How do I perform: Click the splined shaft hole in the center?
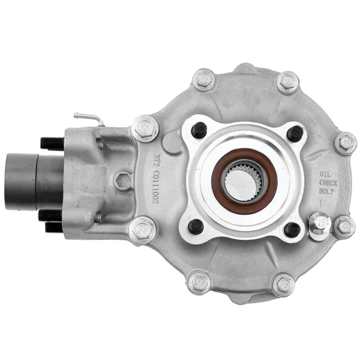[x=242, y=181]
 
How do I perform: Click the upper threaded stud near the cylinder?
[x=52, y=143]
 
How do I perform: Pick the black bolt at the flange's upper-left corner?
[x=199, y=130]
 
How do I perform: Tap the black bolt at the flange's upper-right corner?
[x=293, y=133]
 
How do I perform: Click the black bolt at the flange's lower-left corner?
[x=196, y=226]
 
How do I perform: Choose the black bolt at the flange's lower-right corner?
[x=292, y=229]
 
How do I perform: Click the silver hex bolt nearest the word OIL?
[x=346, y=142]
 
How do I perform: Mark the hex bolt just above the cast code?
[x=145, y=128]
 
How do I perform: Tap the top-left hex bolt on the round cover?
[x=204, y=79]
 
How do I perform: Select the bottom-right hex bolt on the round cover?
[x=283, y=284]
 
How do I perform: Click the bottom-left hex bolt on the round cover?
[x=199, y=282]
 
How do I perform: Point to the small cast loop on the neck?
[x=122, y=181]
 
